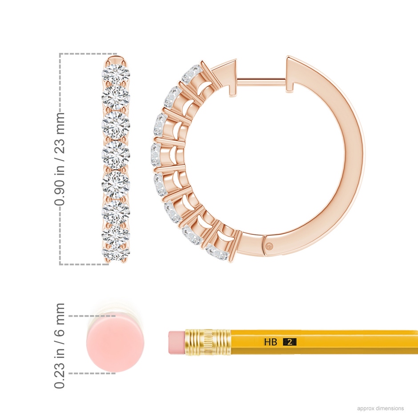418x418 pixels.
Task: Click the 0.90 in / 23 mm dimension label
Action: tap(60, 159)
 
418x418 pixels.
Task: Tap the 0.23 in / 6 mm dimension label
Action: tap(60, 346)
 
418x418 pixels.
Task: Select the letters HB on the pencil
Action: tap(270, 342)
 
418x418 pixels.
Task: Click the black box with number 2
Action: tap(289, 342)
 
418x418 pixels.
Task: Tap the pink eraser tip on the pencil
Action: tap(177, 343)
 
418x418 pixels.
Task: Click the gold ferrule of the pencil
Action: tap(208, 343)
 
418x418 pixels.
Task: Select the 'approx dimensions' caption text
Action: tap(380, 408)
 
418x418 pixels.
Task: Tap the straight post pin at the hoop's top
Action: tap(261, 82)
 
